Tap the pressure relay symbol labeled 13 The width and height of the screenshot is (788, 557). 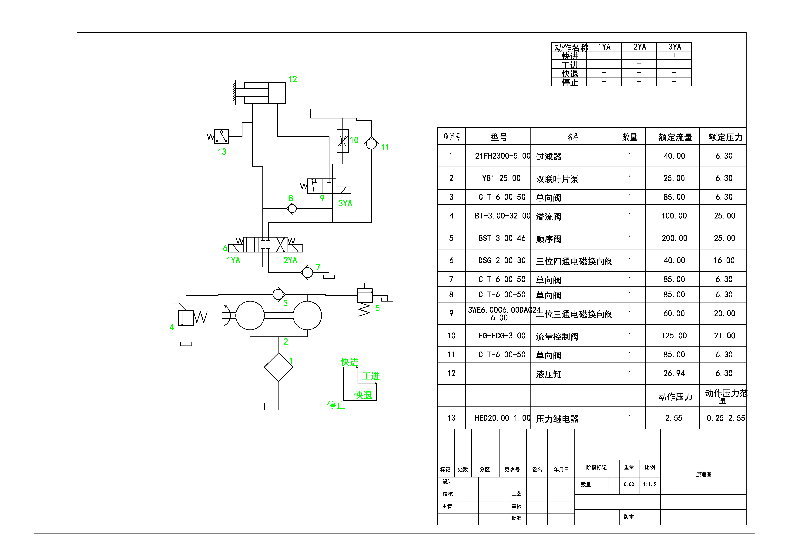[221, 136]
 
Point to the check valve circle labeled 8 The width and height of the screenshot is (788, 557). [292, 208]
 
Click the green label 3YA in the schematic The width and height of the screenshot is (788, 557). [345, 204]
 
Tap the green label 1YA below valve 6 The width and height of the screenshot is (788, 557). [233, 260]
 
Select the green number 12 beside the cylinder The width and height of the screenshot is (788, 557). [292, 79]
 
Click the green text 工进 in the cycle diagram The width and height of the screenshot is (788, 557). [371, 376]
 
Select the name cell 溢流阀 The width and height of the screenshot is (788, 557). [548, 217]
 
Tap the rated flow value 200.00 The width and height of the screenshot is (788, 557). [674, 238]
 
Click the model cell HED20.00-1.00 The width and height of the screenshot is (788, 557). [502, 418]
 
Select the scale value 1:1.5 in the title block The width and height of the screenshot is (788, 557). [649, 484]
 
